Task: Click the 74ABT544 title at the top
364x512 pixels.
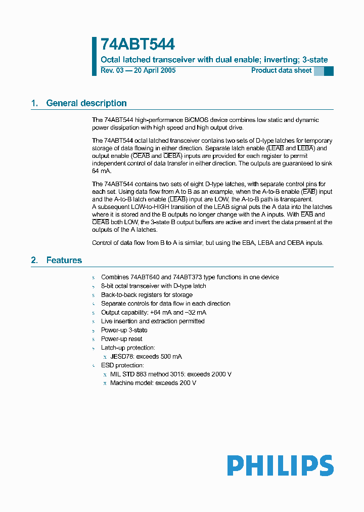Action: pos(138,45)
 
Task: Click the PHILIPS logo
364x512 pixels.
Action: pos(280,465)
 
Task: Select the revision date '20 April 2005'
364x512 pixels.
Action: pos(155,70)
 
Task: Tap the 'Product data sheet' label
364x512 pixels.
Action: pos(281,70)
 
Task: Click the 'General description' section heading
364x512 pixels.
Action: pos(86,103)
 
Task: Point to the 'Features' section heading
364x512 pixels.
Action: pos(64,260)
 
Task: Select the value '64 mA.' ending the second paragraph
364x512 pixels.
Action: pos(102,171)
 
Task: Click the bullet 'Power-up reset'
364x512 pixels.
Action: pos(121,339)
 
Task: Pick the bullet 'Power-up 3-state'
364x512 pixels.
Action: pos(124,330)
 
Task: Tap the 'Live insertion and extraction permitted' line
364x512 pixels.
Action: pos(153,321)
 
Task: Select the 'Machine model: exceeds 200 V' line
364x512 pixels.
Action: pos(153,383)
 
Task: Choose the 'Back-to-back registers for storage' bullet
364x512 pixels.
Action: pos(147,295)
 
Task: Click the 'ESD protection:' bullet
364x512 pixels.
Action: pos(122,365)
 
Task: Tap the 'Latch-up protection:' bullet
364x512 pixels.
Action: pos(128,348)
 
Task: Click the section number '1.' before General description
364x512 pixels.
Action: pos(34,103)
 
